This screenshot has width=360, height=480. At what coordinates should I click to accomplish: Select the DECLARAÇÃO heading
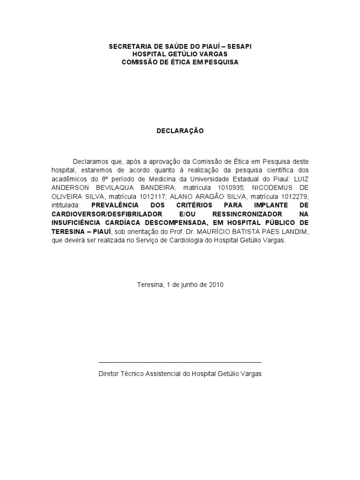coord(180,131)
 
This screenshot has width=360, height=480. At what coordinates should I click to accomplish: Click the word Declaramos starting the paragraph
coord(90,161)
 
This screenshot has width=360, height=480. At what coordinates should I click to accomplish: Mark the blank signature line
coord(180,362)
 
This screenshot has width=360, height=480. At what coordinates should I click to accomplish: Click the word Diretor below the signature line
coord(109,374)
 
